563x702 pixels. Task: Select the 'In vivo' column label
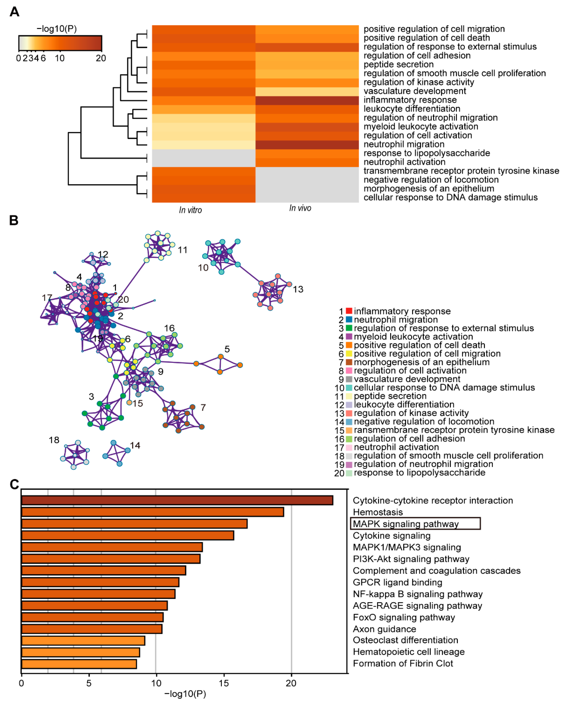(x=300, y=208)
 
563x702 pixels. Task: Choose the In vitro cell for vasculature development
(x=203, y=92)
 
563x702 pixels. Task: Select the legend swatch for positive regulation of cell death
(x=349, y=345)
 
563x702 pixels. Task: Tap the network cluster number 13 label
(x=298, y=289)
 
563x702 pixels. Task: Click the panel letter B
(x=14, y=220)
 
